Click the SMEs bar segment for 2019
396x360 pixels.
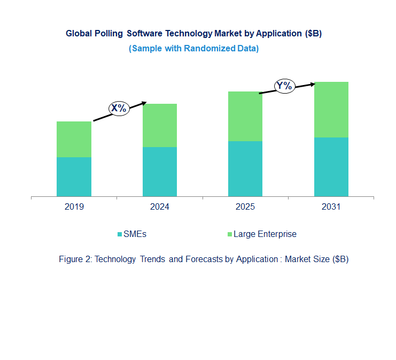tap(74, 177)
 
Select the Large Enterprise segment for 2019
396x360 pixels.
tap(74, 139)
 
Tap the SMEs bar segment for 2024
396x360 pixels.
tap(159, 172)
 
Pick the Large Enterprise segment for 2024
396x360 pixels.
tap(159, 125)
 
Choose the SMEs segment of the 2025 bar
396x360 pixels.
tap(245, 168)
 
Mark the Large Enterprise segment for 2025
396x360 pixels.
tap(245, 116)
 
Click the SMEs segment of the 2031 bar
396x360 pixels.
tap(331, 167)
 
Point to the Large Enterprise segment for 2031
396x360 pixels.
tap(331, 110)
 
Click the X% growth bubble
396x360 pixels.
tap(119, 108)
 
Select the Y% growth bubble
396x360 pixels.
tap(284, 86)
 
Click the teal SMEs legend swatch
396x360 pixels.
tap(120, 234)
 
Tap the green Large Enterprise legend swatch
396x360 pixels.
tap(230, 234)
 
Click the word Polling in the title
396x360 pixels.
tap(107, 33)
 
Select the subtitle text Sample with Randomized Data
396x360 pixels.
tap(194, 48)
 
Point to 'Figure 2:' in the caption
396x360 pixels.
tap(75, 259)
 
